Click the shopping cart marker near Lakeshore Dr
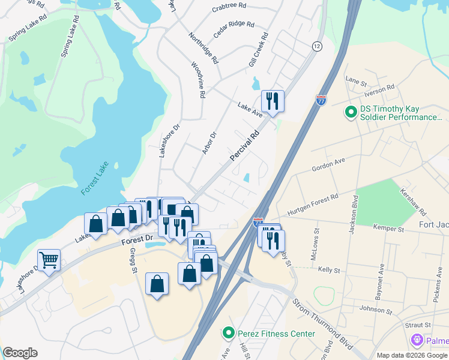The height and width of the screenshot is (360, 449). pyautogui.click(x=49, y=260)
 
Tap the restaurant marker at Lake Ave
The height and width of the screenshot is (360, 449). pyautogui.click(x=273, y=101)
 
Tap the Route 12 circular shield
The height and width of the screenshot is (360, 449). pyautogui.click(x=316, y=46)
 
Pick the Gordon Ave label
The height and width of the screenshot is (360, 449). pyautogui.click(x=328, y=165)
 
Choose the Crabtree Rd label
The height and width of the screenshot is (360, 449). pyautogui.click(x=229, y=7)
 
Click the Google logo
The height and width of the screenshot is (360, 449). pyautogui.click(x=20, y=353)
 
